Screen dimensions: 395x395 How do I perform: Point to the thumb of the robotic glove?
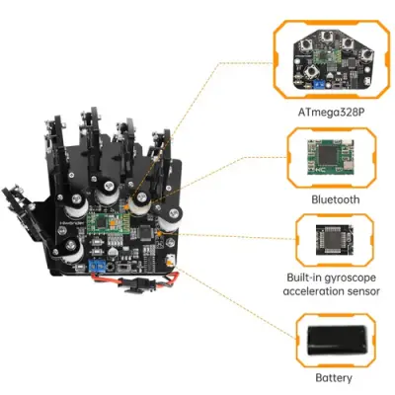(x=20, y=202)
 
